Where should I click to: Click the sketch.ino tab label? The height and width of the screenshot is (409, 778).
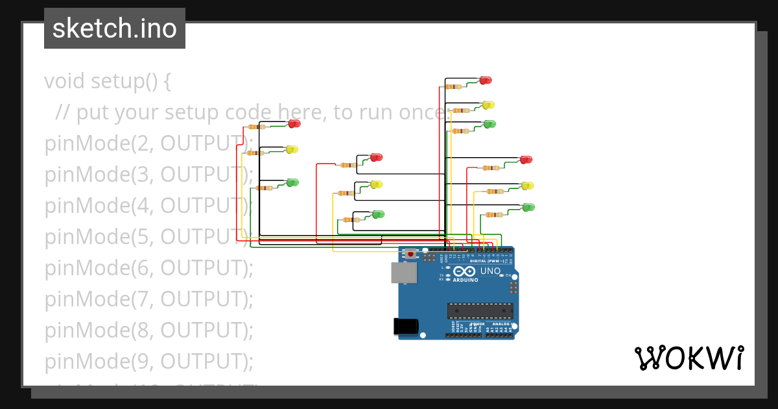[x=115, y=29]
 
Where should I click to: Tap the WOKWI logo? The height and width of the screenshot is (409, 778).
[x=689, y=358]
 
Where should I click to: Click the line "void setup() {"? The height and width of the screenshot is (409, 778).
[x=108, y=82]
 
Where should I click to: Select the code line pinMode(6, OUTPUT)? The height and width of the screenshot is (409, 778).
[x=148, y=267]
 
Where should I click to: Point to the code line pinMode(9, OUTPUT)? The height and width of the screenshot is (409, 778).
[x=148, y=361]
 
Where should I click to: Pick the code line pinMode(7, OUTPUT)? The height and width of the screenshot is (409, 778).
[x=148, y=299]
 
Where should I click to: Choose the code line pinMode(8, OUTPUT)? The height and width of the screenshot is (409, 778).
[x=148, y=330]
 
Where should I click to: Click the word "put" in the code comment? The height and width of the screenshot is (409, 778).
[x=91, y=113]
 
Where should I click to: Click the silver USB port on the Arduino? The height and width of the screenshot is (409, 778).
[x=404, y=273]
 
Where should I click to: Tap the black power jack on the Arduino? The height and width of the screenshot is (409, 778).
[x=407, y=327]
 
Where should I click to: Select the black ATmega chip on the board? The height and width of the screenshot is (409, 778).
[x=480, y=311]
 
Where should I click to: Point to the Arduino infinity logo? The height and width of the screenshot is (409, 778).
[x=464, y=271]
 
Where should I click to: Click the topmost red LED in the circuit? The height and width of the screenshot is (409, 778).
[x=486, y=81]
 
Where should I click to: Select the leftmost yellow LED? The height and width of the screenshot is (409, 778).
[x=292, y=150]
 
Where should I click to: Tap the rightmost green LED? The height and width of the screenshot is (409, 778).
[x=529, y=208]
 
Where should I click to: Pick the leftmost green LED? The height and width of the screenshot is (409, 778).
[x=292, y=183]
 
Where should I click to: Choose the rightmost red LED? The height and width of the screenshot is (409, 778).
[x=526, y=160]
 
